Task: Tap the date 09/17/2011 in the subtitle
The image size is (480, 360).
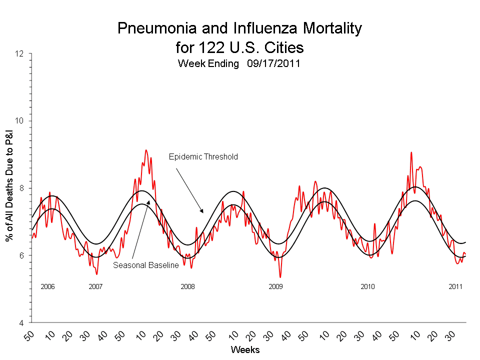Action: coord(273,64)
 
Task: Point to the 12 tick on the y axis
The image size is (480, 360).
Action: coord(22,54)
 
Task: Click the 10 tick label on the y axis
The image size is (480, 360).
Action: coord(22,121)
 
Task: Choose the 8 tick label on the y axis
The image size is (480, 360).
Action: coord(24,188)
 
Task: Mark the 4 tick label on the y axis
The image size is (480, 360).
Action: coord(24,323)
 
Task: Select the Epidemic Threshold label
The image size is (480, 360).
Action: coord(203,156)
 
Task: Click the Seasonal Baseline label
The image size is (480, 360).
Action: coord(145,265)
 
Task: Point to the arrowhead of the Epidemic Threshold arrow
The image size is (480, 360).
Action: coord(202,212)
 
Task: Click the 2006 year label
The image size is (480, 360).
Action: coord(47,286)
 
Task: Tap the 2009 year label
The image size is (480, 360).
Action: coord(275,286)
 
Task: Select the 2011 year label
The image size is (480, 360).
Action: coord(455,286)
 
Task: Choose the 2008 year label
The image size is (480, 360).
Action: coord(187,286)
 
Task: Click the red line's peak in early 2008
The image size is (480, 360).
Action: coord(146,150)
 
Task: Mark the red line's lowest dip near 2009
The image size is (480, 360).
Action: coord(280,277)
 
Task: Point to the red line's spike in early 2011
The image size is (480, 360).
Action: coord(411,152)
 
